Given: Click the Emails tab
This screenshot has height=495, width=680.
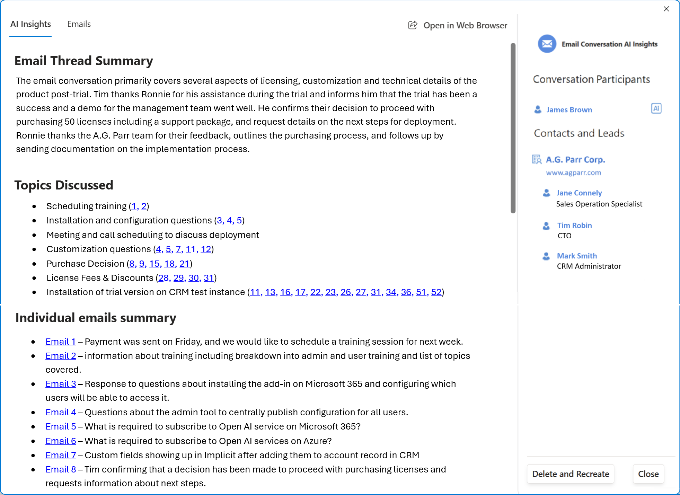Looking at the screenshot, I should point(79,24).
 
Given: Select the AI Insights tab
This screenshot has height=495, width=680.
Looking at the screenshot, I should point(30,24).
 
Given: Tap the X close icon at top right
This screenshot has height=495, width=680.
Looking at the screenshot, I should point(666,9).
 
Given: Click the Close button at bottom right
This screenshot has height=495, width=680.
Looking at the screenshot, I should point(648,474).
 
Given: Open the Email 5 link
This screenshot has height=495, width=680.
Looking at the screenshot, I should point(61,426).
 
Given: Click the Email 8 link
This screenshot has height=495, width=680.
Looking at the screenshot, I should point(61,469).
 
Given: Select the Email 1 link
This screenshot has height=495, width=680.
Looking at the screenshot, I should point(61,342).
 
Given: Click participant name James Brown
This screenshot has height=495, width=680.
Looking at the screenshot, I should point(569,110).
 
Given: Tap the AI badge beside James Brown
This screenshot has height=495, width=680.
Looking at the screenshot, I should point(656,108).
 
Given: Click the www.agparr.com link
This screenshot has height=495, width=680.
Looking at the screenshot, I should point(573,173).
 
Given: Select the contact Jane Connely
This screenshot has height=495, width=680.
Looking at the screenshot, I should point(579,193).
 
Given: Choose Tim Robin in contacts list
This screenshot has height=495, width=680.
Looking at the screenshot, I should point(574,226).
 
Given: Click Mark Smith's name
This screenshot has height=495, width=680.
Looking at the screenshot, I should point(577,256).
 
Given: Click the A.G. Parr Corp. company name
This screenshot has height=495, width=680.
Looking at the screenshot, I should point(575,160).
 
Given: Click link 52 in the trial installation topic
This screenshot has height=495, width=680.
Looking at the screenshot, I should point(436,292).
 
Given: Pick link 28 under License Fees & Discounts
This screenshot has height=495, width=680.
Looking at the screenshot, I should point(164,278).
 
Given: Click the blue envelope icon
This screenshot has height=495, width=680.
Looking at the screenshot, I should point(547,44).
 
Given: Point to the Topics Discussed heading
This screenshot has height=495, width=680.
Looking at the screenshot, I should point(64,185).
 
